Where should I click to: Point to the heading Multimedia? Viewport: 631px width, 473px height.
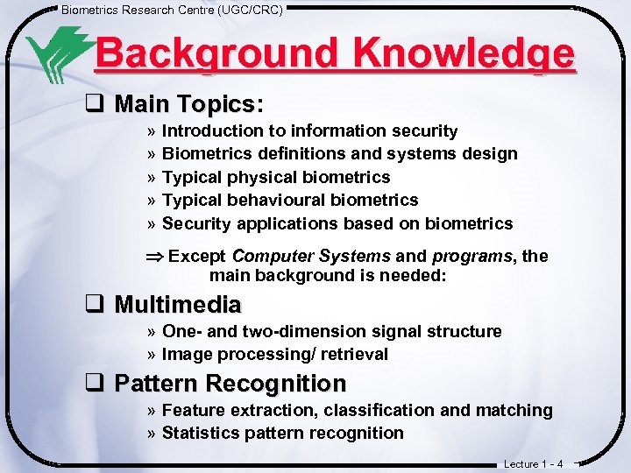(x=178, y=305)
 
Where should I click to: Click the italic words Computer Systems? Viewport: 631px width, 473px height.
(x=311, y=256)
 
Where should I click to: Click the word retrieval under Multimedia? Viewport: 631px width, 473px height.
(x=354, y=355)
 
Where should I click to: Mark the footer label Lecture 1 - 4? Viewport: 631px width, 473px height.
(x=534, y=463)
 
